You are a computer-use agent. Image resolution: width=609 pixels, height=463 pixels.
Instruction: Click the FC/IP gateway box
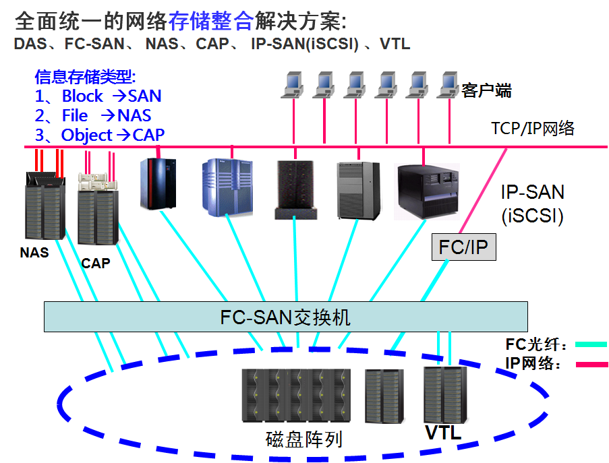[463, 247]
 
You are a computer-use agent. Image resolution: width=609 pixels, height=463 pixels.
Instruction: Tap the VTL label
[443, 433]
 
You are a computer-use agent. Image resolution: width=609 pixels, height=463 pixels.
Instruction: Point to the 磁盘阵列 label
[304, 439]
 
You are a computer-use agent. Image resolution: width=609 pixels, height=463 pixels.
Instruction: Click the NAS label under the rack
[34, 253]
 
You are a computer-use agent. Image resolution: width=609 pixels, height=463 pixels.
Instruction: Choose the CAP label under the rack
[95, 264]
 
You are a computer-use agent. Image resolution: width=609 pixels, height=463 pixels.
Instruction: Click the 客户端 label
[486, 90]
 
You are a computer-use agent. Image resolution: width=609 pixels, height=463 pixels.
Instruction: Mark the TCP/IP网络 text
[533, 128]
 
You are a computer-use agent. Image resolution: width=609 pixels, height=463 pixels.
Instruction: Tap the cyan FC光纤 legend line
[591, 344]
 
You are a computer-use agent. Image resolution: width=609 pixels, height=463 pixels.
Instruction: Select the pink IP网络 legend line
[591, 365]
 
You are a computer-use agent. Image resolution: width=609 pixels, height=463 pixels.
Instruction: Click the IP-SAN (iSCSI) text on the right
[532, 204]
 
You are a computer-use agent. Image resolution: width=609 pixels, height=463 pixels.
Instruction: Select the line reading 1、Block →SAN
[98, 96]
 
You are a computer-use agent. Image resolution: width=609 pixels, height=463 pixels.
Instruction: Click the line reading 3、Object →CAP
[100, 135]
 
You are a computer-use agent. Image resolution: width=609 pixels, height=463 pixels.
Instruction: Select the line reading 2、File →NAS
[93, 115]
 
